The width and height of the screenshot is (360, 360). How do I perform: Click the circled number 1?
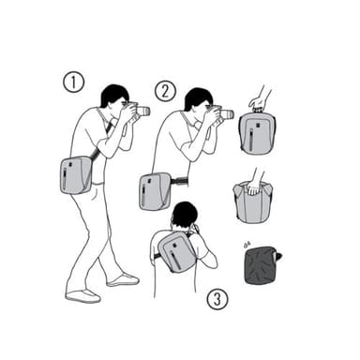click(74, 82)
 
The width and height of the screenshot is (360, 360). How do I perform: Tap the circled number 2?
click(165, 91)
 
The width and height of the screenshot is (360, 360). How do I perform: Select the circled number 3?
click(217, 299)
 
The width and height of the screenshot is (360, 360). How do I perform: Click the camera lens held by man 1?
click(142, 111)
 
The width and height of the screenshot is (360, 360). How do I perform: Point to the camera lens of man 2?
click(227, 114)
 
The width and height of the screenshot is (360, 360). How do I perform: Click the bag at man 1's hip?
click(76, 175)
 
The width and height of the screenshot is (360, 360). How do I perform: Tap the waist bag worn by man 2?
click(155, 191)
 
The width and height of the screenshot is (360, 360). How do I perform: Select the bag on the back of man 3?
click(177, 251)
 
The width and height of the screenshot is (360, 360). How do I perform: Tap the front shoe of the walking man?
click(123, 280)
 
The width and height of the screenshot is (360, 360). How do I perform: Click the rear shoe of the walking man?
click(83, 296)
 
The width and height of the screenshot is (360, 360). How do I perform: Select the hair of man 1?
click(113, 94)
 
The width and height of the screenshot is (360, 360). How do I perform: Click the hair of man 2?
click(197, 97)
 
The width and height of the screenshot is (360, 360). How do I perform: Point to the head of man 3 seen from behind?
click(185, 215)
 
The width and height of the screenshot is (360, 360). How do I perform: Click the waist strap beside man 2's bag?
click(179, 180)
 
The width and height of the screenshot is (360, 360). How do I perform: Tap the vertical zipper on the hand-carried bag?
click(251, 141)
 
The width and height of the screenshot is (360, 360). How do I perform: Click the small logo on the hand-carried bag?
click(258, 126)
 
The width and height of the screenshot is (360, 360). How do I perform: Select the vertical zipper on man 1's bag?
click(65, 179)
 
